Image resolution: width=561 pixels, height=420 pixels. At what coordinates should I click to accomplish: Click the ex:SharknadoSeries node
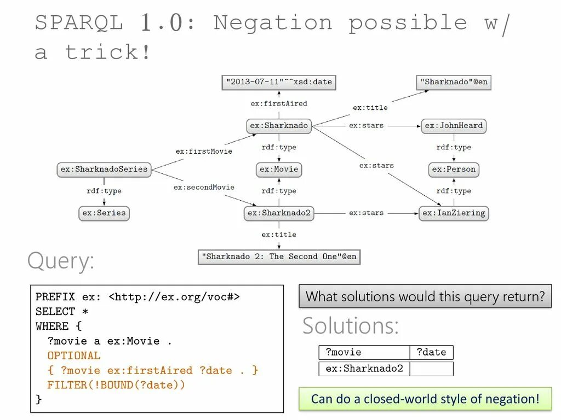[x=104, y=170]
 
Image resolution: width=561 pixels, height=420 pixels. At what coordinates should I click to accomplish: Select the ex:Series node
[x=104, y=213]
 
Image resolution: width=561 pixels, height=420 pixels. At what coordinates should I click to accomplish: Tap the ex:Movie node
[x=279, y=170]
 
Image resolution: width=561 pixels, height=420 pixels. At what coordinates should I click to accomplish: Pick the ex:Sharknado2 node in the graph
[x=279, y=213]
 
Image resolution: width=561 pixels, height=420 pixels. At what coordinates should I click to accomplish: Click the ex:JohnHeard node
[x=454, y=126]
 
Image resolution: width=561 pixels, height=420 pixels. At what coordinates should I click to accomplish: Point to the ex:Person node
[x=454, y=170]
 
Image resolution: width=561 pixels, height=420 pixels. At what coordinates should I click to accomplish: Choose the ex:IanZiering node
[x=454, y=213]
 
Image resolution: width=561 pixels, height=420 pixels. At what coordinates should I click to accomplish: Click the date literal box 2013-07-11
[x=279, y=82]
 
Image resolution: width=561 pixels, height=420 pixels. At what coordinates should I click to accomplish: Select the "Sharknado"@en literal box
[x=454, y=82]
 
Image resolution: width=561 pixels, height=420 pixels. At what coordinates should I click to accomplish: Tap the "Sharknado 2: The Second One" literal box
[x=279, y=256]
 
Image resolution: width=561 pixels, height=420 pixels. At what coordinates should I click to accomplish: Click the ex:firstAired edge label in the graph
[x=279, y=103]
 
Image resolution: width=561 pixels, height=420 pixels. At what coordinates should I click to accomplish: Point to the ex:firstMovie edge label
[x=204, y=151]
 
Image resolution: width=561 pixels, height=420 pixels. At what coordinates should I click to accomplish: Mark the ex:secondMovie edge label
[x=204, y=187]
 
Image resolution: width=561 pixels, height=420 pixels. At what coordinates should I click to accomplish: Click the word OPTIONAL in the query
[x=74, y=355]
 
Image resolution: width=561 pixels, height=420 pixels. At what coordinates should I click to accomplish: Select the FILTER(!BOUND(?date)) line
[x=116, y=385]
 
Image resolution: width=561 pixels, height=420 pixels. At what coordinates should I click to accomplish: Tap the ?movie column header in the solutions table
[x=364, y=352]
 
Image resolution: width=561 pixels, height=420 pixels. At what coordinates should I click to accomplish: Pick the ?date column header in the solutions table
[x=431, y=352]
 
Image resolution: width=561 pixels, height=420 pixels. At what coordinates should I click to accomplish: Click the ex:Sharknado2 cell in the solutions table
[x=364, y=369]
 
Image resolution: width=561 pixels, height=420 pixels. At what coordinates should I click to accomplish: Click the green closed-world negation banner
[x=425, y=399]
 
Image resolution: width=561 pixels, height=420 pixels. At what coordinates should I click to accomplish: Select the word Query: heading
[x=61, y=261]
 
